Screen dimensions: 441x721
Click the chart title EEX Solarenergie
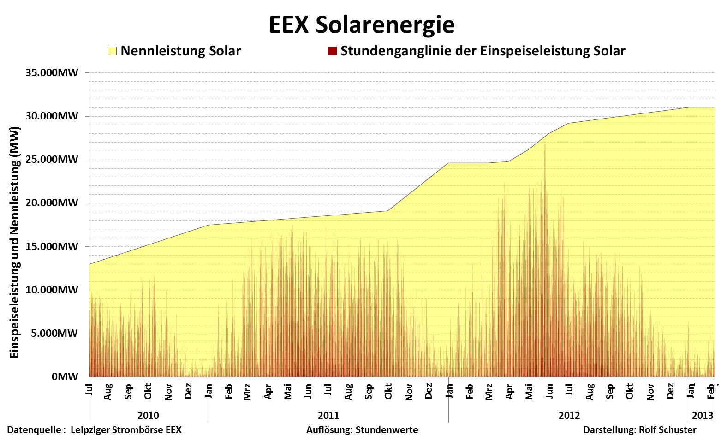coord(362,25)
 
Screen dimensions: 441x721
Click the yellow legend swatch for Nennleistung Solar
coord(112,51)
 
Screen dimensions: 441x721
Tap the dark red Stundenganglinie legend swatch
coord(332,51)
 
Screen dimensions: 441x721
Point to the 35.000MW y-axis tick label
coord(52,73)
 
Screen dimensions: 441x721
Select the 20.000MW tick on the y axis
coord(52,203)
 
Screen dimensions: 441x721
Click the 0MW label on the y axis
coord(65,377)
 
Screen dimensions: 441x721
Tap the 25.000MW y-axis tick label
coord(52,160)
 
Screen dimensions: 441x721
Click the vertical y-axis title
coord(15,243)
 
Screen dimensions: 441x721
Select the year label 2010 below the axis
coord(148,416)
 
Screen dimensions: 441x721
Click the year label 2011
coord(328,416)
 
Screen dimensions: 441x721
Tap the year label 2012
coord(569,416)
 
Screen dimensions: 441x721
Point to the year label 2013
coord(703,416)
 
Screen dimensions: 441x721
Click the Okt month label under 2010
coord(148,391)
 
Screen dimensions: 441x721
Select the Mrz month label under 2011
coord(248,392)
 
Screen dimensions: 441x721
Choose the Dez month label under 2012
coord(670,391)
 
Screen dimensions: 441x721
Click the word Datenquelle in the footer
coord(34,430)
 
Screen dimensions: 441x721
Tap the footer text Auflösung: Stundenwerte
coord(362,430)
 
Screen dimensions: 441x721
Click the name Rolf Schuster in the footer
coord(667,430)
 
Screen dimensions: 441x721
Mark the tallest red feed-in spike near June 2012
coord(545,144)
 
